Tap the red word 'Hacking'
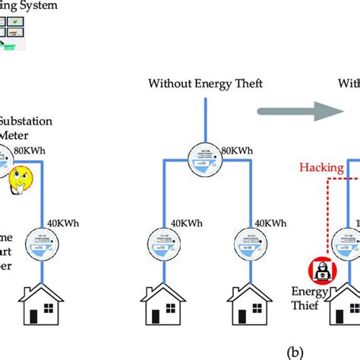pyautogui.click(x=321, y=165)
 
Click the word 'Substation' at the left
pyautogui.click(x=28, y=120)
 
